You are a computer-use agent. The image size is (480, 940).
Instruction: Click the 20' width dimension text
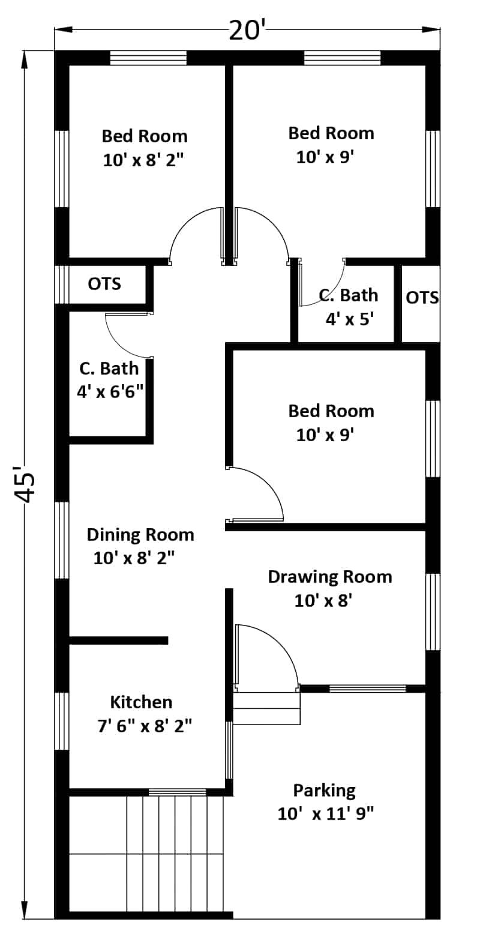(x=245, y=31)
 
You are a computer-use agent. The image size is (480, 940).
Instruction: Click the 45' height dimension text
(x=25, y=483)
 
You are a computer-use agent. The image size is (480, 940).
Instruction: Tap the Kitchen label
(x=141, y=702)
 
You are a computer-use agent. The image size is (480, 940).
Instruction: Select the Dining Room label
(x=140, y=535)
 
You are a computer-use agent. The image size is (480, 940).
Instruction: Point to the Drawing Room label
(x=330, y=577)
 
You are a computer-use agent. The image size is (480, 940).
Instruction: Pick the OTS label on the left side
(x=104, y=284)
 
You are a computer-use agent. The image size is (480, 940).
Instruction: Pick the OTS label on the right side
(x=422, y=298)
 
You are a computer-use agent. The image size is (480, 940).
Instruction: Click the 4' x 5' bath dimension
(x=350, y=320)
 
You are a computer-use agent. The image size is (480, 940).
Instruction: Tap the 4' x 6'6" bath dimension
(x=110, y=392)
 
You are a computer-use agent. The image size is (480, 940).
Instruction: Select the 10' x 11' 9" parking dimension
(x=326, y=815)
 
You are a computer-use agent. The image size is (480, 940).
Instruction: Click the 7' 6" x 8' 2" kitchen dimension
(x=145, y=726)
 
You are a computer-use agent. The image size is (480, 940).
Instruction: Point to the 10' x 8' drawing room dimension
(x=323, y=601)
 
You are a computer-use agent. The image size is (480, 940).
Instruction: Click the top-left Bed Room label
(x=145, y=136)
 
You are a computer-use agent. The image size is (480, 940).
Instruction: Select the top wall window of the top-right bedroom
(x=343, y=58)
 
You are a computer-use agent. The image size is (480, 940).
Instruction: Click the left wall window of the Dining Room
(x=62, y=540)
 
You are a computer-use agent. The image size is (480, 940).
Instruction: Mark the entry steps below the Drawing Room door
(x=267, y=709)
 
